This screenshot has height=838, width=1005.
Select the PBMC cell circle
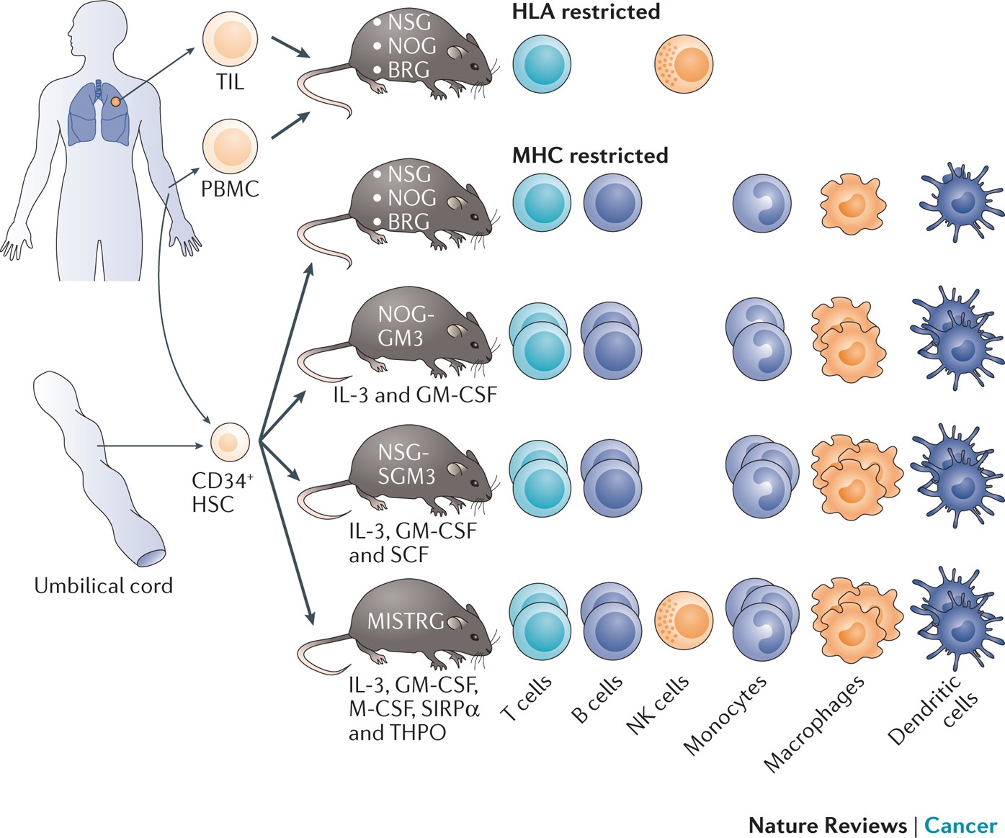click(230, 146)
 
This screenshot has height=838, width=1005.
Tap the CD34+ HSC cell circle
click(230, 442)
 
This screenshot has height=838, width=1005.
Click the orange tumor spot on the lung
click(115, 102)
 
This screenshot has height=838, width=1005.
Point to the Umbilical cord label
click(103, 585)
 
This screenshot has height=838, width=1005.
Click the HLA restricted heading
click(586, 12)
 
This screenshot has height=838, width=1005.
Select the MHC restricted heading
click(590, 156)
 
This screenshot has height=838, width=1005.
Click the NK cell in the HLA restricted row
click(683, 64)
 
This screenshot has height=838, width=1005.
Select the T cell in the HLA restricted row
click(542, 64)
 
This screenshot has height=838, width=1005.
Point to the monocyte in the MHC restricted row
click(761, 203)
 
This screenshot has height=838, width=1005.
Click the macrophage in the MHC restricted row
click(853, 203)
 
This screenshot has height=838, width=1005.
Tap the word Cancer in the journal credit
click(960, 825)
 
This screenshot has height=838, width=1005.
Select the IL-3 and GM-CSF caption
click(414, 395)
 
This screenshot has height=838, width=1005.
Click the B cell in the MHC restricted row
click(612, 203)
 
